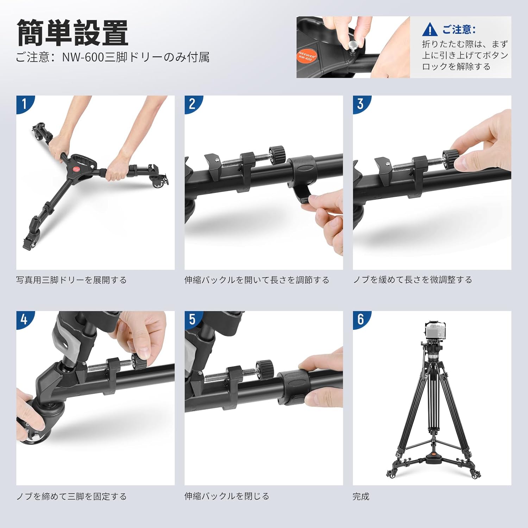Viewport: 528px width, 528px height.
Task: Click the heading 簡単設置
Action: (73, 33)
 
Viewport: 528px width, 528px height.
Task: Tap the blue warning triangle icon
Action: (430, 30)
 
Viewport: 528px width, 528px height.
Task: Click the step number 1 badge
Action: (25, 104)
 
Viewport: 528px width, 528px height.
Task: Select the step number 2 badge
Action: (193, 104)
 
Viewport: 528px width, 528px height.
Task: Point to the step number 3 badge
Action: (361, 104)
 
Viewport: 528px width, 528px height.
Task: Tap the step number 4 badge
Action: (25, 320)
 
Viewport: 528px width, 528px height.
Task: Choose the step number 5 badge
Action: (193, 320)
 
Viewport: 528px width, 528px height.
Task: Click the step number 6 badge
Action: (361, 320)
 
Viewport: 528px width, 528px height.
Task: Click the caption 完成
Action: (361, 496)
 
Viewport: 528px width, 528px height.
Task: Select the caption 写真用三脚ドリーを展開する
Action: (71, 280)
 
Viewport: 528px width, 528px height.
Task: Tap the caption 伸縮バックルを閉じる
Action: (227, 496)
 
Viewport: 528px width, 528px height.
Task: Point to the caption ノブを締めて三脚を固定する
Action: (71, 496)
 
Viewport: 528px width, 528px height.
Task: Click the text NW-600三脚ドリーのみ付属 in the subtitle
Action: (136, 57)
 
